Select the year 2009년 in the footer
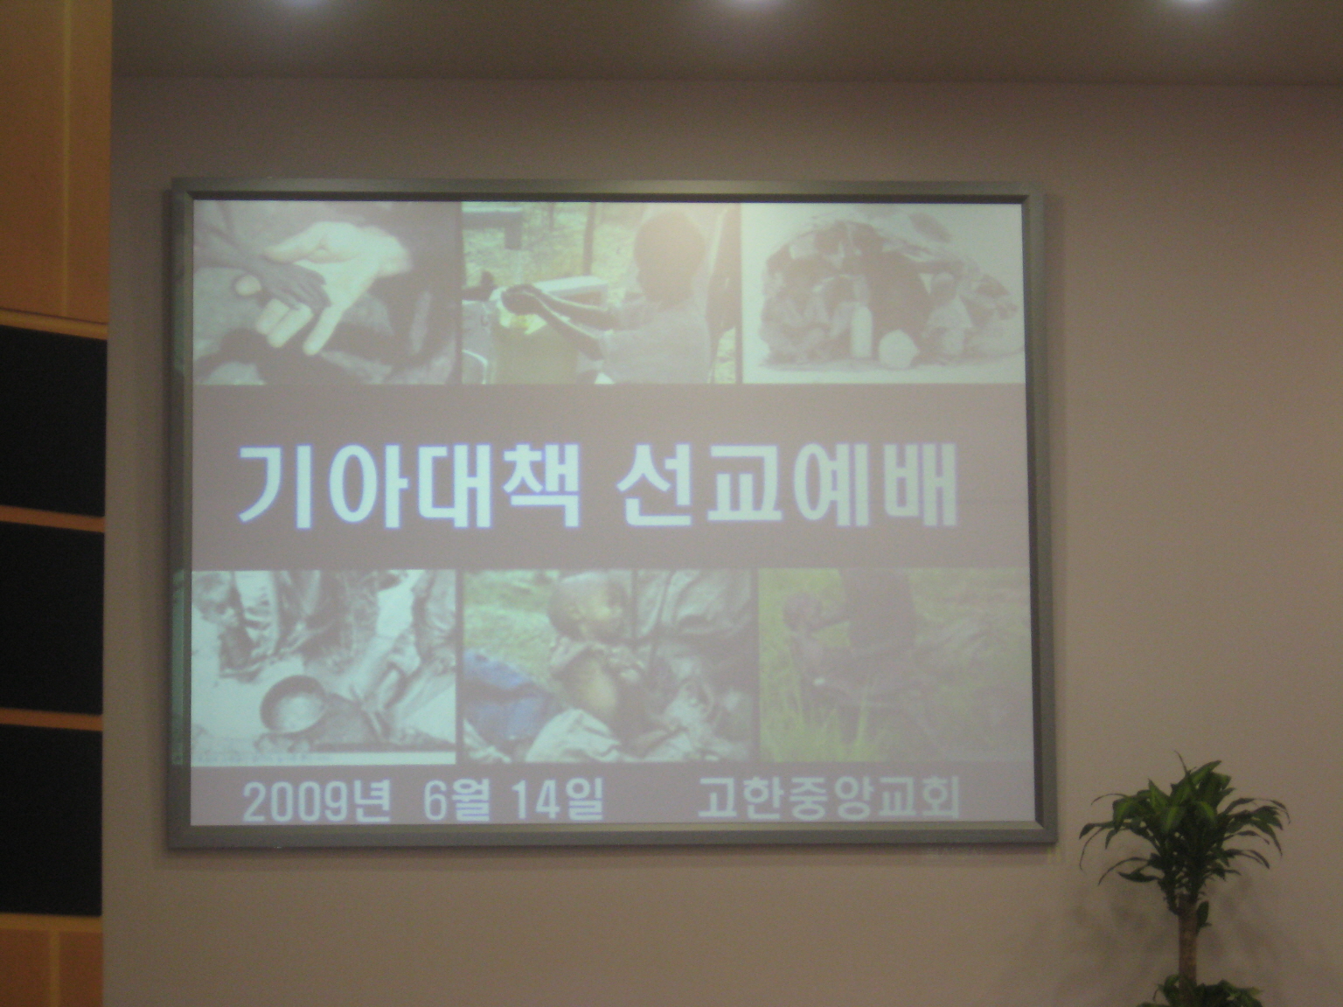317,802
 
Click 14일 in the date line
557,802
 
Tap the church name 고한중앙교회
827,798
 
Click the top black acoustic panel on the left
52,420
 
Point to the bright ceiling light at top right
1200,3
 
